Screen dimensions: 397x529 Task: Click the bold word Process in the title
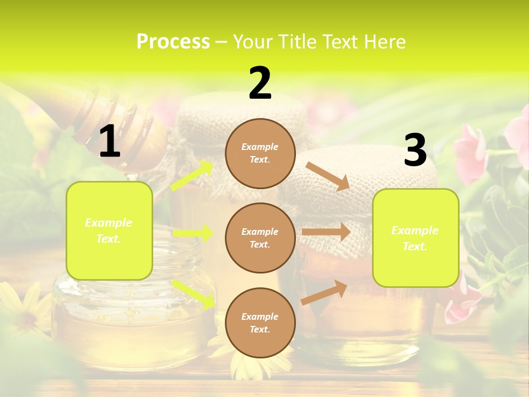point(173,42)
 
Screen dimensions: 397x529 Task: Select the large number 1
point(110,142)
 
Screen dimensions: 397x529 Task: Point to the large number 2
point(260,83)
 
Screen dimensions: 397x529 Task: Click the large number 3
point(415,150)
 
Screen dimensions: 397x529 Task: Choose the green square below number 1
point(109,230)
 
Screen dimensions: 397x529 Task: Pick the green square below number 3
point(415,238)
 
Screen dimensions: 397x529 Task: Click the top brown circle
point(260,153)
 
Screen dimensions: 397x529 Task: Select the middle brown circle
point(260,238)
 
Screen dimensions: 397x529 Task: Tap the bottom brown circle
point(260,323)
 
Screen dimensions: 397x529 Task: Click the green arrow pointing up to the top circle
point(192,175)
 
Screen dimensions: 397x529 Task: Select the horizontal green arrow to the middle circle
point(193,233)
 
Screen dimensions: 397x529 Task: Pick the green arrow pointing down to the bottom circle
point(193,293)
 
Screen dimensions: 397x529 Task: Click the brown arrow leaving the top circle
point(328,176)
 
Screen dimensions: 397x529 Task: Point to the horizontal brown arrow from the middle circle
point(326,232)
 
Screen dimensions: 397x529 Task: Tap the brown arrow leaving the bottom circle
point(325,292)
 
